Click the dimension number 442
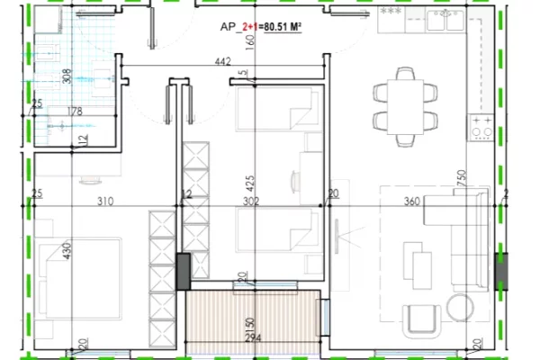click(x=224, y=62)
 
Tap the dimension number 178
click(x=75, y=112)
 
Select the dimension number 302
click(x=250, y=202)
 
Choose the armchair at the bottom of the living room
click(x=422, y=319)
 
